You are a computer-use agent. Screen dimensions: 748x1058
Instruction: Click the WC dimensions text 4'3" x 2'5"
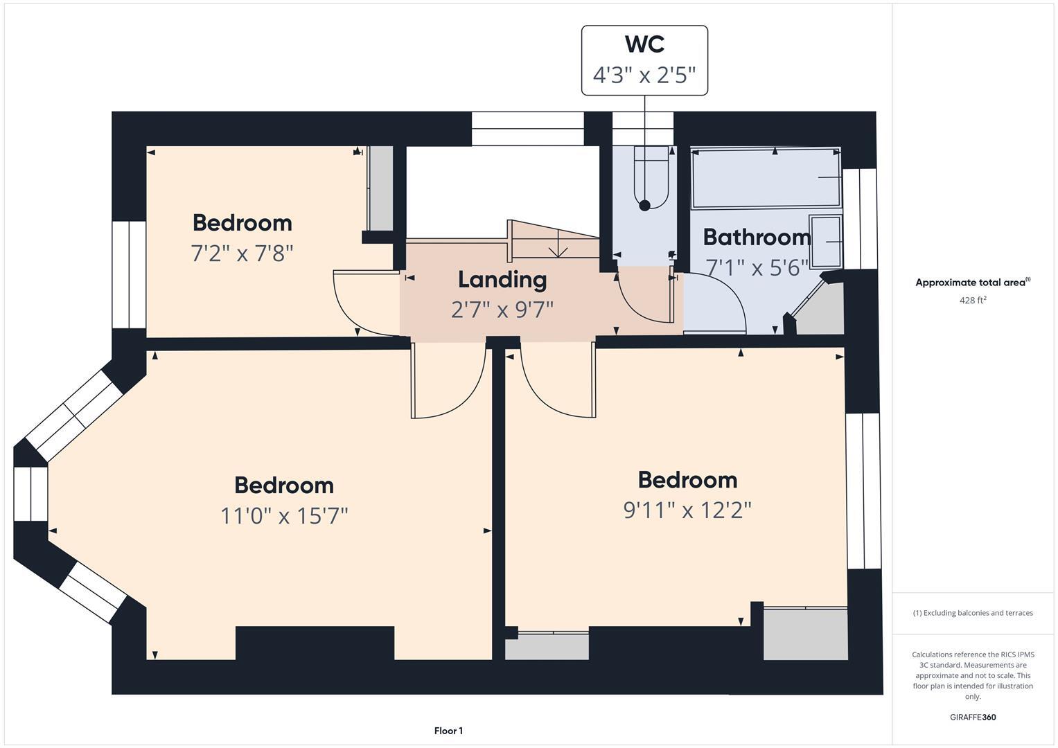coord(644,75)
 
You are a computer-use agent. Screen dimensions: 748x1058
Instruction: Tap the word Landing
coord(502,280)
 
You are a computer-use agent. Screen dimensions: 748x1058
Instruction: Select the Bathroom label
coord(757,238)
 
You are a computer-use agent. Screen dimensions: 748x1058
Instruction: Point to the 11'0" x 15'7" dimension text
coord(284,516)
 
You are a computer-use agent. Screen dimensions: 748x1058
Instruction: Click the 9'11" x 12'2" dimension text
coord(687,510)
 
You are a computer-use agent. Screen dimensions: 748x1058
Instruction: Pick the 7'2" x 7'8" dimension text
coord(242,253)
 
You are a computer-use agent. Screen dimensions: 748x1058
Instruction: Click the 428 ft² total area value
coord(973,301)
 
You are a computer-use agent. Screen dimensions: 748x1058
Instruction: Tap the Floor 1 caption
coord(448,731)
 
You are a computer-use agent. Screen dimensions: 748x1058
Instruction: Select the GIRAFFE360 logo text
coord(973,717)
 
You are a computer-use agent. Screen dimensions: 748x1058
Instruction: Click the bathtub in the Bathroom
coord(766,178)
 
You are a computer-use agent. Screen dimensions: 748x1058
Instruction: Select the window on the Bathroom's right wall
coord(860,218)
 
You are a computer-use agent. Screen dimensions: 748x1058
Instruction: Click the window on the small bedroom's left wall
coord(129,274)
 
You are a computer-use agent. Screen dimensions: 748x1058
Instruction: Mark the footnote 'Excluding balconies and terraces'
coord(973,613)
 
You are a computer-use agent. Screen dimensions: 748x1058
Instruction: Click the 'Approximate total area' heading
coord(972,283)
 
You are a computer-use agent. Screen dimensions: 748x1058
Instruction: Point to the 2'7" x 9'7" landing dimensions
coord(502,310)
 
